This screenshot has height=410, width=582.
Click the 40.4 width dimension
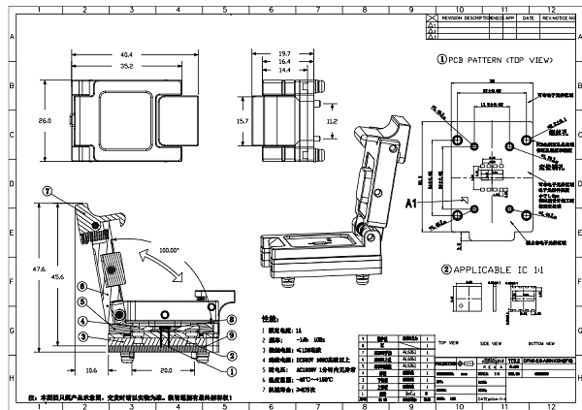click(x=126, y=54)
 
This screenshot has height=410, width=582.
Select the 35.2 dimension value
click(x=126, y=68)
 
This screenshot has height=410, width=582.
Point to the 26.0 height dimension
click(x=45, y=122)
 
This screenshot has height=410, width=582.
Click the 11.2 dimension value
click(x=332, y=123)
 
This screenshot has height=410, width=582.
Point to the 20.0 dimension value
click(x=167, y=369)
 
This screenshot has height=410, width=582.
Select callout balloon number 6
click(x=83, y=287)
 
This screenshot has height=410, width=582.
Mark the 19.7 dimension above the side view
click(x=284, y=54)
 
